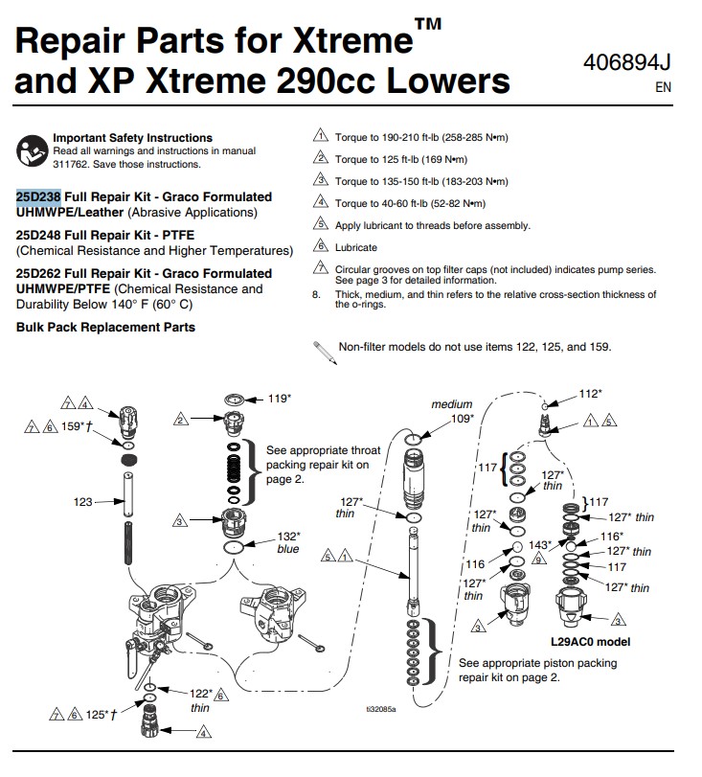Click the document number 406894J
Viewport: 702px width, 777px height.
coord(627,63)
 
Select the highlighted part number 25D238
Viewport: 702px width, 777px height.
coord(38,196)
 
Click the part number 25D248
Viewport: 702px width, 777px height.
coord(38,235)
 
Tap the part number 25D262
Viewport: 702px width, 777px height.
coord(38,273)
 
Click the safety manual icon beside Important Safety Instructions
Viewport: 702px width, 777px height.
coord(32,149)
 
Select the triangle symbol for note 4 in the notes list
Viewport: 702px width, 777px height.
coord(321,202)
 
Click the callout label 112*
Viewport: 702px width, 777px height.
coord(590,393)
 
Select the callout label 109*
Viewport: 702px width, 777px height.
coord(463,419)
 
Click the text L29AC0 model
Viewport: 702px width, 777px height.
coord(591,642)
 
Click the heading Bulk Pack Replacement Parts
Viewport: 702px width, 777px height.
coord(105,327)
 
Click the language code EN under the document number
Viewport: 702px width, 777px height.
coord(662,86)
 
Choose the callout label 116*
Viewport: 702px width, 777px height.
coord(612,536)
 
